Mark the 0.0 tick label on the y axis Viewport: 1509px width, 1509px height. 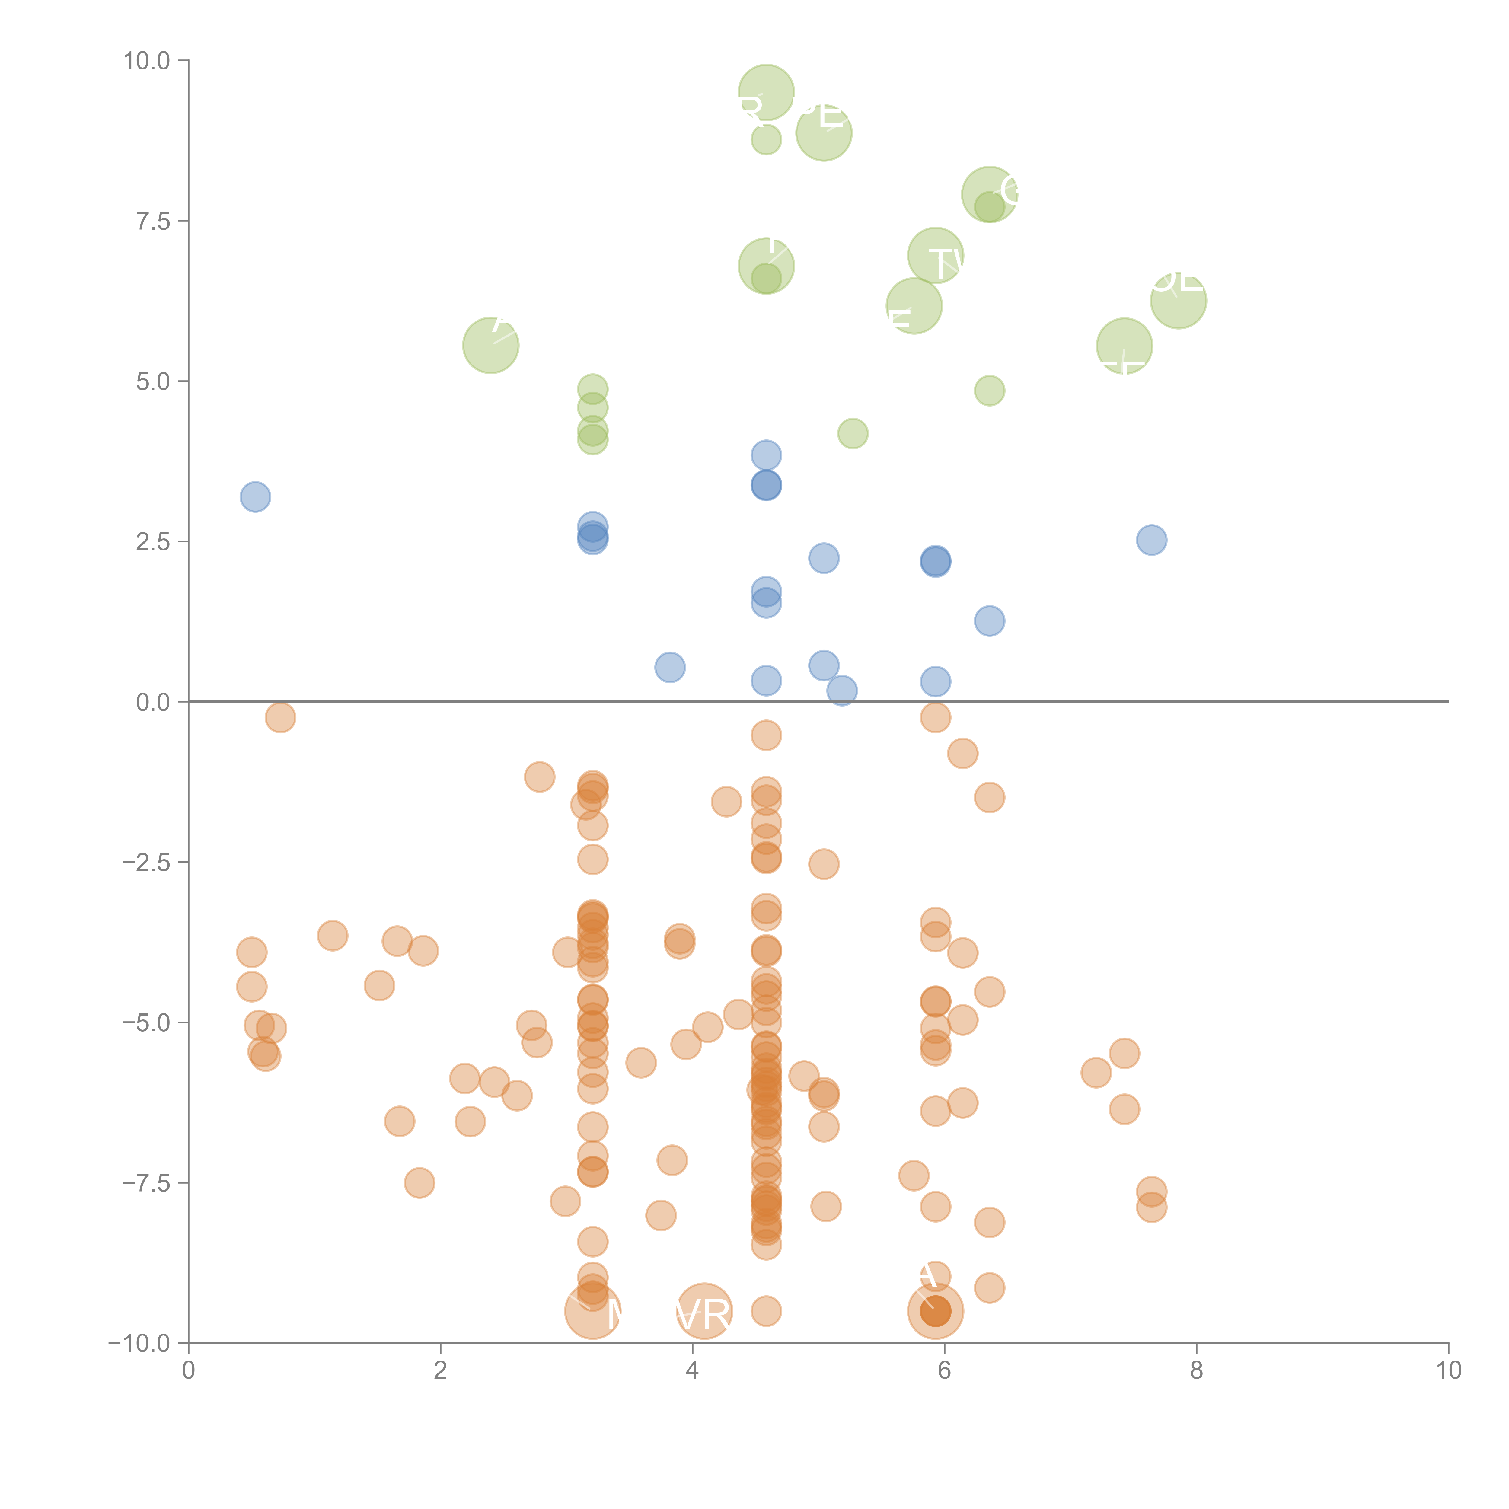pos(153,702)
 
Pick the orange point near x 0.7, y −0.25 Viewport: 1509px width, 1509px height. pos(280,717)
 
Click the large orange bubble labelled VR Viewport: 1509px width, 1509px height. pos(704,1311)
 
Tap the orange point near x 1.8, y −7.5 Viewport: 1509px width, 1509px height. pos(420,1182)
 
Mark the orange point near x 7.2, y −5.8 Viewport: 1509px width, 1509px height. pos(1096,1072)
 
